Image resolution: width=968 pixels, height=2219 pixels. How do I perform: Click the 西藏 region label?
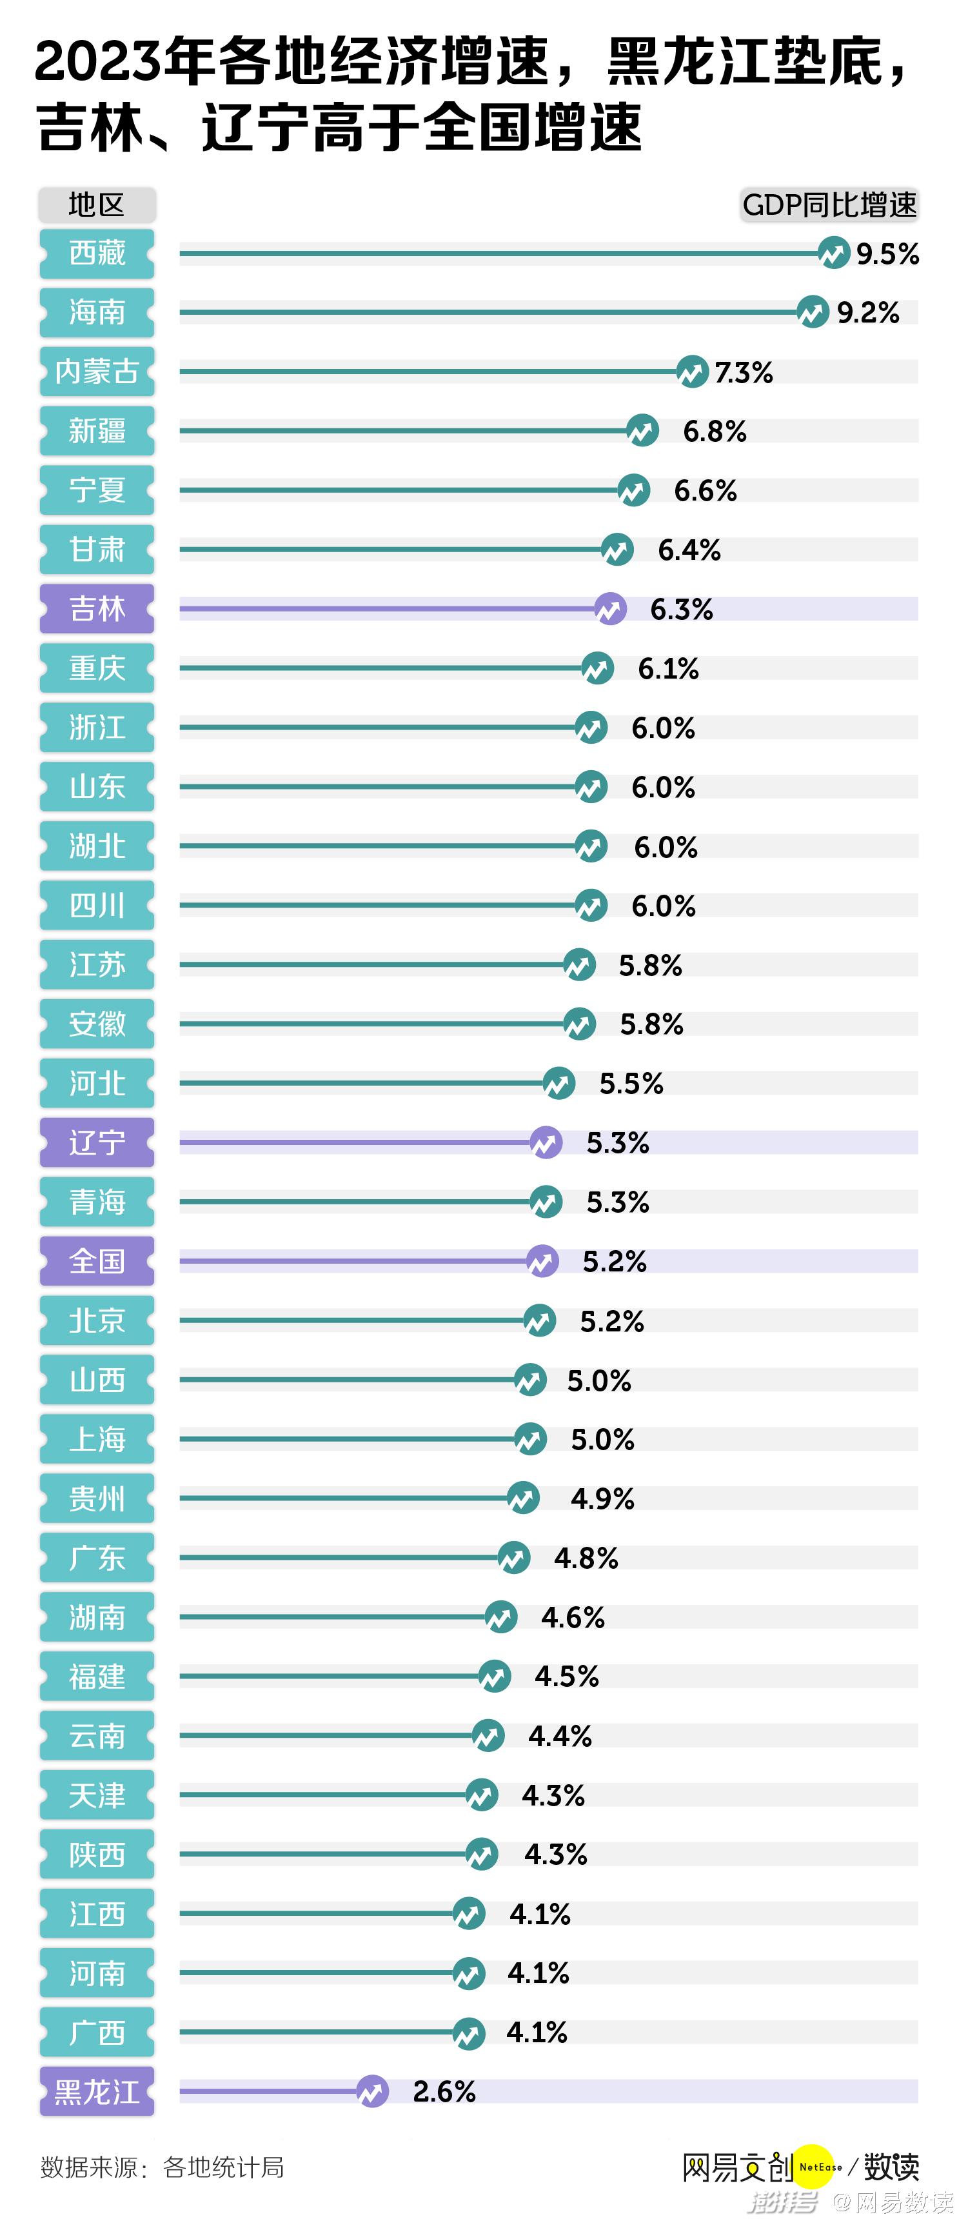[97, 254]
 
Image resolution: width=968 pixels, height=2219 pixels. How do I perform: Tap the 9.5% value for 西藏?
[887, 254]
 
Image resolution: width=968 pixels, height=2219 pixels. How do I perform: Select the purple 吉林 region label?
[97, 609]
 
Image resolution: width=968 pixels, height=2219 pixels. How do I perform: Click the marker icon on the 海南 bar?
[812, 312]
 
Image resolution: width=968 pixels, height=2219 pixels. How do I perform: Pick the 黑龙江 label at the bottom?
[97, 2091]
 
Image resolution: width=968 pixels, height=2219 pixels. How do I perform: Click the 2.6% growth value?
[444, 2091]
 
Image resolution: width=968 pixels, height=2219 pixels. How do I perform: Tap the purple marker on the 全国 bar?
[542, 1262]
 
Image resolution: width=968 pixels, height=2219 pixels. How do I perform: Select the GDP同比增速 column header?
[829, 205]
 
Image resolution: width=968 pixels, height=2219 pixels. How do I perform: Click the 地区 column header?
[97, 205]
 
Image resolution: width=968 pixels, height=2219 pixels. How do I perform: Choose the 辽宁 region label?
[97, 1143]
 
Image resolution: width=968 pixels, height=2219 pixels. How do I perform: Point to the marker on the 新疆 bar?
[642, 431]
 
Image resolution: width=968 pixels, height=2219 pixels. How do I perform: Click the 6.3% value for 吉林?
[681, 610]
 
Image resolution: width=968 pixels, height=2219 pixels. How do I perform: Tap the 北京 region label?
[97, 1320]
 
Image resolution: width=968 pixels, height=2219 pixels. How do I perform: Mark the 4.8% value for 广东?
[586, 1558]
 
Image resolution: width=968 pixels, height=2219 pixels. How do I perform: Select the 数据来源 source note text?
[162, 2167]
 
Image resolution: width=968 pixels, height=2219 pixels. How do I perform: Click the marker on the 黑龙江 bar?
[372, 2091]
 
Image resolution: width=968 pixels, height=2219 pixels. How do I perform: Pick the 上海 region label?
[97, 1439]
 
